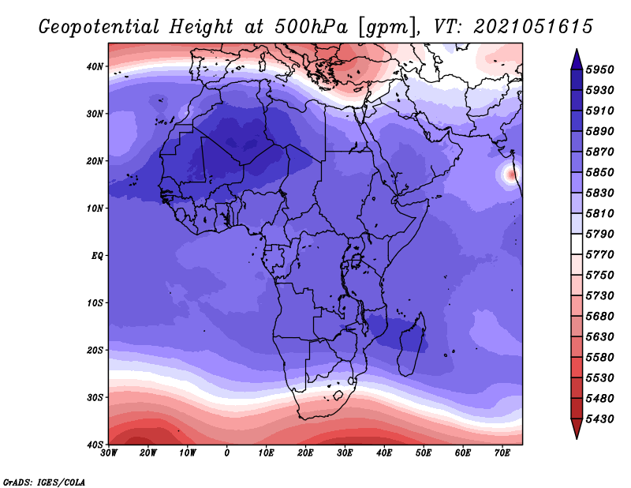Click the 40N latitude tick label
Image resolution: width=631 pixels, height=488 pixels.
[x=95, y=66]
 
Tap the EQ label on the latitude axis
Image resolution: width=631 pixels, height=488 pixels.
[x=97, y=256]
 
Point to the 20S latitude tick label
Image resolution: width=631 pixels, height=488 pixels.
[x=95, y=350]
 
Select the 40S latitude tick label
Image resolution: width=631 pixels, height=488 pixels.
[x=95, y=445]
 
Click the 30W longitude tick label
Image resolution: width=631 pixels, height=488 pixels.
[x=109, y=453]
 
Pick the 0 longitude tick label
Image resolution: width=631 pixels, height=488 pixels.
[x=227, y=453]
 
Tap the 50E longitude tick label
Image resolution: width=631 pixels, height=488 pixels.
[x=424, y=453]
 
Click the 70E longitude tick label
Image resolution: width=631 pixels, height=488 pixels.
[x=502, y=453]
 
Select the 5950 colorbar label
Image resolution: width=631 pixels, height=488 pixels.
[x=599, y=69]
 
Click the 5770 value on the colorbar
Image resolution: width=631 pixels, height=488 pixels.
[x=599, y=255]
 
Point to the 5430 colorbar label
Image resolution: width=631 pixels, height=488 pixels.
[x=599, y=419]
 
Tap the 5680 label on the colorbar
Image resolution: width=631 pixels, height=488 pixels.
[x=599, y=317]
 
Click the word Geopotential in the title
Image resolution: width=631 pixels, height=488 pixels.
[x=99, y=27]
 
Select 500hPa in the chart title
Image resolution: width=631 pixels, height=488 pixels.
[x=311, y=27]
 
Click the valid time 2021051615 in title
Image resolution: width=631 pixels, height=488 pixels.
[x=533, y=27]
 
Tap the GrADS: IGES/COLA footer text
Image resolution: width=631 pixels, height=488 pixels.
[x=44, y=482]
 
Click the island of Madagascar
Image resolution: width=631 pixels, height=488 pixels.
[x=412, y=344]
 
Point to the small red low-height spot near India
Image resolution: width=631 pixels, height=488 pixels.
[x=511, y=175]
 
